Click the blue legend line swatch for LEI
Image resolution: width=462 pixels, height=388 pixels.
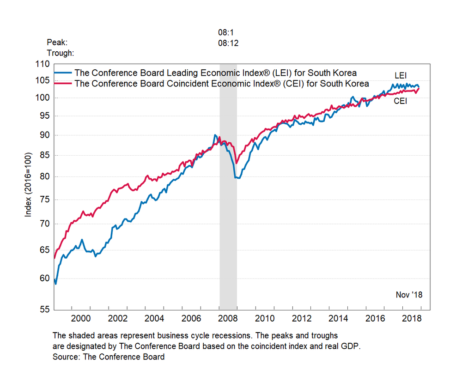pos(63,73)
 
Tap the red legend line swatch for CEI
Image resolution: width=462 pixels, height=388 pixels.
pos(63,84)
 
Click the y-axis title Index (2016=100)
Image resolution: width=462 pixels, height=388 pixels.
pos(28,184)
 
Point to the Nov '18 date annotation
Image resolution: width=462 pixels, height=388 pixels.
pos(409,295)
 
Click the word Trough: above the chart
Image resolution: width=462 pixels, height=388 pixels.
pos(61,53)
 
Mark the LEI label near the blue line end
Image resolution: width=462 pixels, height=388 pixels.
pos(400,75)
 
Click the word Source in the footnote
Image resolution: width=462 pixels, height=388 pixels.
pos(66,357)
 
